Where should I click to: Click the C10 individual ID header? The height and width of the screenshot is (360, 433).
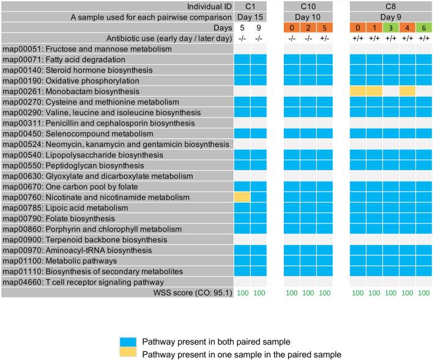[x=308, y=6]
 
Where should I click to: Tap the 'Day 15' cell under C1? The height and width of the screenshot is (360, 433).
[x=251, y=17]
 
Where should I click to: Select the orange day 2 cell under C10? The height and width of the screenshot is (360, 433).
[x=308, y=28]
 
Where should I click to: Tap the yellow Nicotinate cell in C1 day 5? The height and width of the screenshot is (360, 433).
[x=242, y=197]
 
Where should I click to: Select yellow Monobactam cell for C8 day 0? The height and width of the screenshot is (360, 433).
[x=358, y=91]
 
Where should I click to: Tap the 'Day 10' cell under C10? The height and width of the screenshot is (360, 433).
[x=308, y=17]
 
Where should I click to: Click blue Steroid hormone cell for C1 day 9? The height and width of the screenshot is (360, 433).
[x=259, y=70]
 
